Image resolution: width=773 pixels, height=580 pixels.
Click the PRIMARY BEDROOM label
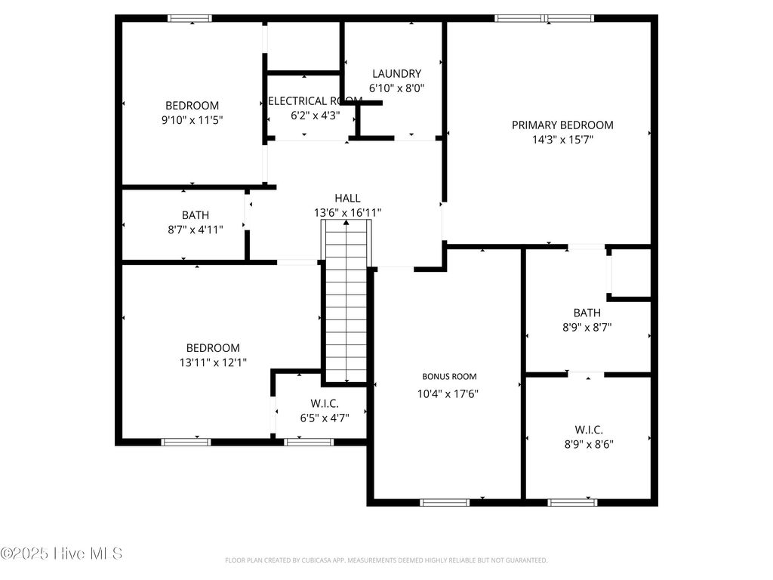point(562,125)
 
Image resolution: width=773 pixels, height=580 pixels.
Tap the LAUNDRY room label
point(396,74)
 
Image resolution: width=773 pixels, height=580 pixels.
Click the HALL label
point(347,199)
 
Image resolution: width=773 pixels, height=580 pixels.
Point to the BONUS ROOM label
point(449,376)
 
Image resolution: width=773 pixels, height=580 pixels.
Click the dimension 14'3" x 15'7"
point(562,139)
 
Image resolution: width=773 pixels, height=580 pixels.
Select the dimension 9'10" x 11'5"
point(192,119)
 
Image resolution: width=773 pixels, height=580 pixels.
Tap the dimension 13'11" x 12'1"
point(213,362)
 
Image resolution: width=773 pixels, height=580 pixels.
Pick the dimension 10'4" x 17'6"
point(448,393)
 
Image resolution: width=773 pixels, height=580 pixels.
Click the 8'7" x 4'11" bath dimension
point(195,230)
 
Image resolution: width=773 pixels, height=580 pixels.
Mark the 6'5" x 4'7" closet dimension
point(325,418)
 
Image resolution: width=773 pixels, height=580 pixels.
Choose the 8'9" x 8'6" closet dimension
point(588,444)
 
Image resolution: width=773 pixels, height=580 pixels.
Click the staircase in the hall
point(346,302)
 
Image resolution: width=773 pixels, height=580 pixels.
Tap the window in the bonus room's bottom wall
point(445,502)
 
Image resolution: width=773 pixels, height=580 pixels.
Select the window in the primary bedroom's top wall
point(544,18)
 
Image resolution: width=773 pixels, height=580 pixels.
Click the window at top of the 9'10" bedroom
point(189,18)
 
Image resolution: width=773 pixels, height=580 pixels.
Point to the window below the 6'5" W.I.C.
point(309,442)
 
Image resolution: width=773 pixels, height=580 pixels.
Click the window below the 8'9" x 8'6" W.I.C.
point(572,502)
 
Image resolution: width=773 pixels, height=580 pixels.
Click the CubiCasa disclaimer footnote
point(386,560)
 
